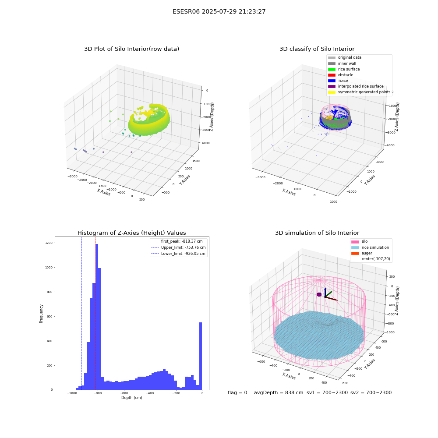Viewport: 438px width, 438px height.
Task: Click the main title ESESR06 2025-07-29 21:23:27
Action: [219, 11]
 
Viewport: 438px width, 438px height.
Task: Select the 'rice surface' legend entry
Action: [344, 69]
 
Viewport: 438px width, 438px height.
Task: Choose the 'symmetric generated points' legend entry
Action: [359, 92]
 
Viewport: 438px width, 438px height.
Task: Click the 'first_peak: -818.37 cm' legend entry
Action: [177, 241]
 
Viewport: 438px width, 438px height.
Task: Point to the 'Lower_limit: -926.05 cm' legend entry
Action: [178, 254]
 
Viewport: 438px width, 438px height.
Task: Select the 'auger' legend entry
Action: [362, 253]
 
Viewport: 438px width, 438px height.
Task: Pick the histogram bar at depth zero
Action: [201, 356]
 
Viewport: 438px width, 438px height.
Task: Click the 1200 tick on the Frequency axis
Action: [49, 243]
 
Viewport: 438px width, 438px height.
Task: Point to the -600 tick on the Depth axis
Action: [124, 393]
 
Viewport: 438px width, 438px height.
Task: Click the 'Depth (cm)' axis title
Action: [131, 398]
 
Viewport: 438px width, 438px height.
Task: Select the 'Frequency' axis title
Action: [41, 314]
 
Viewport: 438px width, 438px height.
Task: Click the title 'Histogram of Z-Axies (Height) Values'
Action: [131, 233]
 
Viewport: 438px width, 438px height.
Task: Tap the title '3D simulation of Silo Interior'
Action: [317, 233]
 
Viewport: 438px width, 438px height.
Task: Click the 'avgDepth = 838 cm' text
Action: [279, 392]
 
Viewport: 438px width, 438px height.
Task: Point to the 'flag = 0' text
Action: [237, 392]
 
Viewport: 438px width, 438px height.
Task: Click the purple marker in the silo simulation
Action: [319, 294]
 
